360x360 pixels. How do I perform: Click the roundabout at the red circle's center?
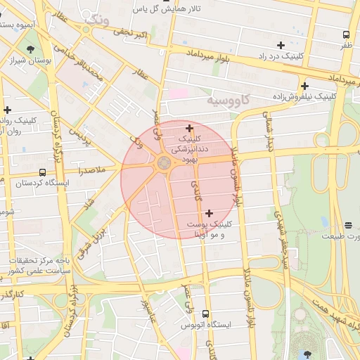[164, 163]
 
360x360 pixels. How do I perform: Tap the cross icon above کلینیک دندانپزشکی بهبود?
[189, 128]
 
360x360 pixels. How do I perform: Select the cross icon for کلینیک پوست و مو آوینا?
[209, 212]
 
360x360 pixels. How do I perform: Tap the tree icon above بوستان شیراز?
[30, 49]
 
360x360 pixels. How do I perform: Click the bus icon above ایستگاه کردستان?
[42, 172]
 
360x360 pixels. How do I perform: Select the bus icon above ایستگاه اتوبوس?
[205, 314]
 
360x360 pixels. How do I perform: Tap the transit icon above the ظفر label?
[346, 34]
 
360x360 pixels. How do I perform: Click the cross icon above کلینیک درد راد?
[281, 44]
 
